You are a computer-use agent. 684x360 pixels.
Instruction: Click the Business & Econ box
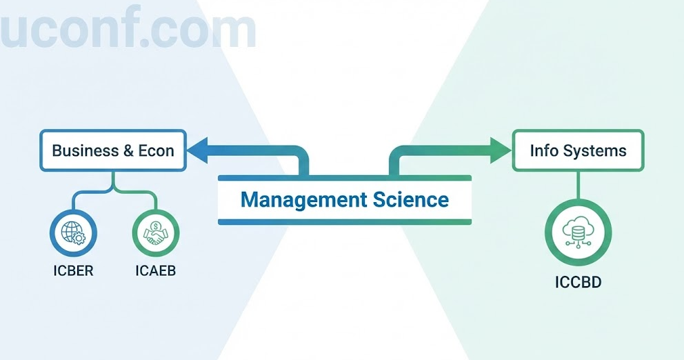(x=113, y=150)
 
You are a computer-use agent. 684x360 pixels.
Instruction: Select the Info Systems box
(x=578, y=150)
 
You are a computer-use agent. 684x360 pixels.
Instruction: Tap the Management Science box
(x=345, y=200)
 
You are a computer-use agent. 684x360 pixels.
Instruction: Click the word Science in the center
(x=411, y=200)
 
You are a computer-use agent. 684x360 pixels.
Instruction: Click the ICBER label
(x=73, y=271)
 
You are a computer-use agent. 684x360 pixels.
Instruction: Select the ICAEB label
(x=156, y=271)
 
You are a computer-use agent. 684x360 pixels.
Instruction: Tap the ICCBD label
(x=578, y=282)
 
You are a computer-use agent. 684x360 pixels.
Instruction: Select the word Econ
(x=157, y=150)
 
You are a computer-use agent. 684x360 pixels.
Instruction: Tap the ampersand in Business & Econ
(x=128, y=150)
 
